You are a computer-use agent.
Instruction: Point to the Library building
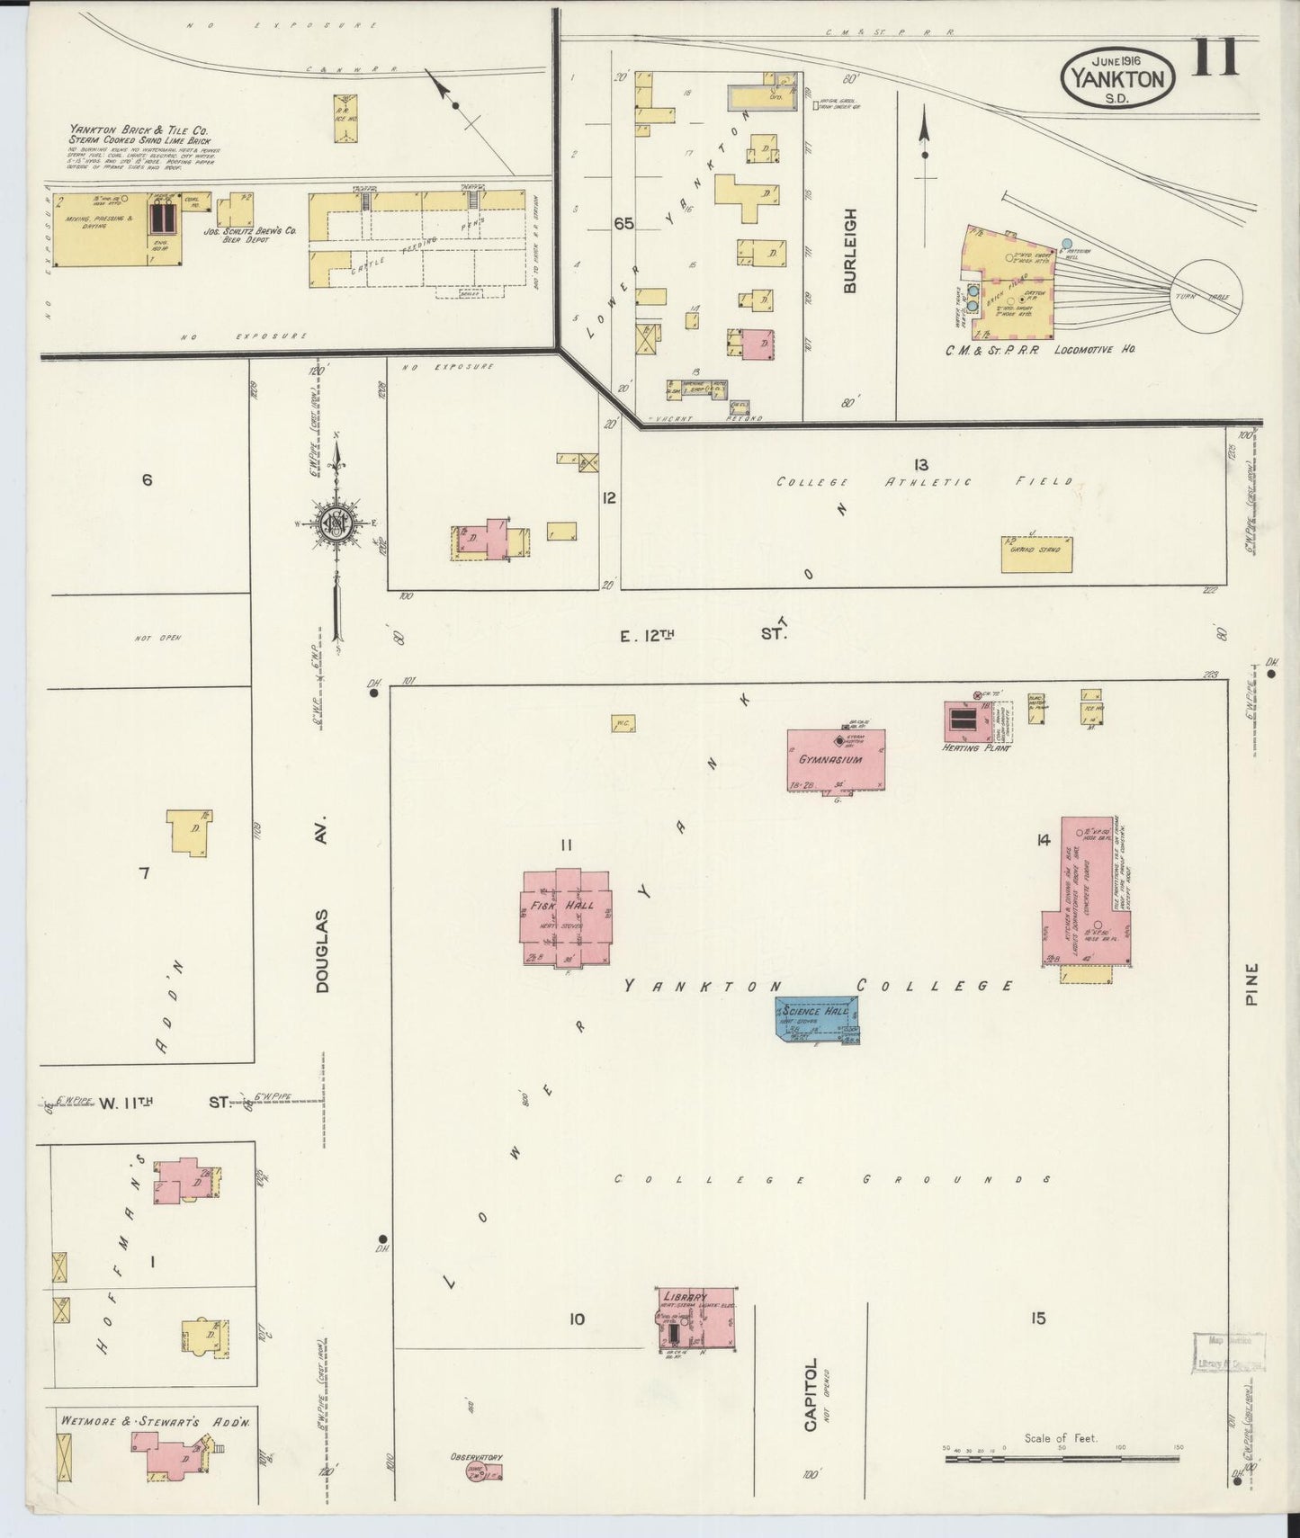coord(698,1318)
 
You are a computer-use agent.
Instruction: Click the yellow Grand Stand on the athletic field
coord(1036,554)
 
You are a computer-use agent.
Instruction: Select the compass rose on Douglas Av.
coord(336,524)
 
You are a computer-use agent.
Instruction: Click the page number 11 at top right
coord(1216,58)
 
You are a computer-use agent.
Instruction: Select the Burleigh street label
coord(849,251)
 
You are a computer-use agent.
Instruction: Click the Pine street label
coord(1253,984)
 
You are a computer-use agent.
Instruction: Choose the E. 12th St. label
coord(702,635)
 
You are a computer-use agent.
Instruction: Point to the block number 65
coord(623,223)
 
